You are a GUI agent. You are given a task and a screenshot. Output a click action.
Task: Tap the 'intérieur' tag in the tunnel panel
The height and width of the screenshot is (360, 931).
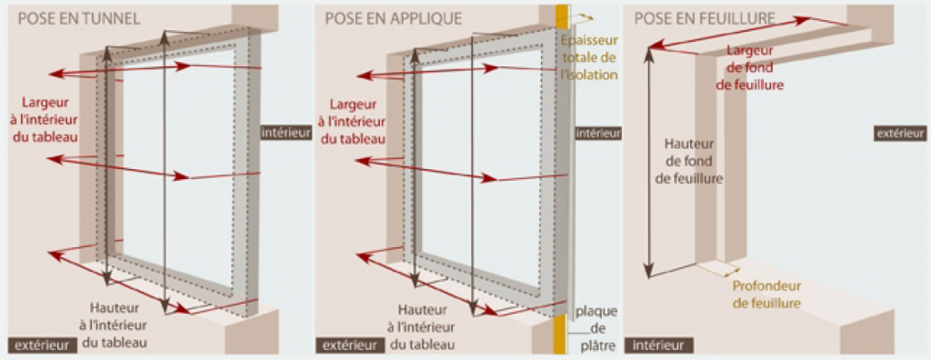(x=285, y=133)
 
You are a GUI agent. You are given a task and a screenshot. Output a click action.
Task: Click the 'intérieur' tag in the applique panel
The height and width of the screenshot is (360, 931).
(x=597, y=133)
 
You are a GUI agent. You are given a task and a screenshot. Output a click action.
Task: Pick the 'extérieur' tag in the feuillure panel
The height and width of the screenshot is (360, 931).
(x=900, y=133)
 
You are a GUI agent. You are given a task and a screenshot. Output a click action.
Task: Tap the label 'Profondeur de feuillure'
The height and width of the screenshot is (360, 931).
(x=766, y=295)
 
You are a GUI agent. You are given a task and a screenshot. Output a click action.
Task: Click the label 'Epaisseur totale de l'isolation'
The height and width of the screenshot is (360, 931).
(x=590, y=57)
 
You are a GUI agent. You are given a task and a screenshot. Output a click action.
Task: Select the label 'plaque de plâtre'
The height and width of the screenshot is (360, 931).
(x=595, y=328)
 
